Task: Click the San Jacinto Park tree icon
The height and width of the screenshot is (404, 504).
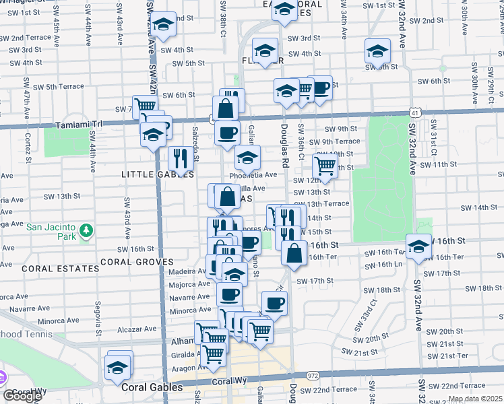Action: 86,232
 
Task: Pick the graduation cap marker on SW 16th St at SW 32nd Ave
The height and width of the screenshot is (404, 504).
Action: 418,246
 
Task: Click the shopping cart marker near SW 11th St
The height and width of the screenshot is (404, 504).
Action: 325,165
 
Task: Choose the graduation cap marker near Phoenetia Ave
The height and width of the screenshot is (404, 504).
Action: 247,158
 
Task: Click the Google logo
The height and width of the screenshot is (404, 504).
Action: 22,396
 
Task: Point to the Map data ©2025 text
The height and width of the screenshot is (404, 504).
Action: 474,399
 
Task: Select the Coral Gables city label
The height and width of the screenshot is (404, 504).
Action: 152,388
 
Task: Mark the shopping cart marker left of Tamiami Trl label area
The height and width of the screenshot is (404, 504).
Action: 145,106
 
